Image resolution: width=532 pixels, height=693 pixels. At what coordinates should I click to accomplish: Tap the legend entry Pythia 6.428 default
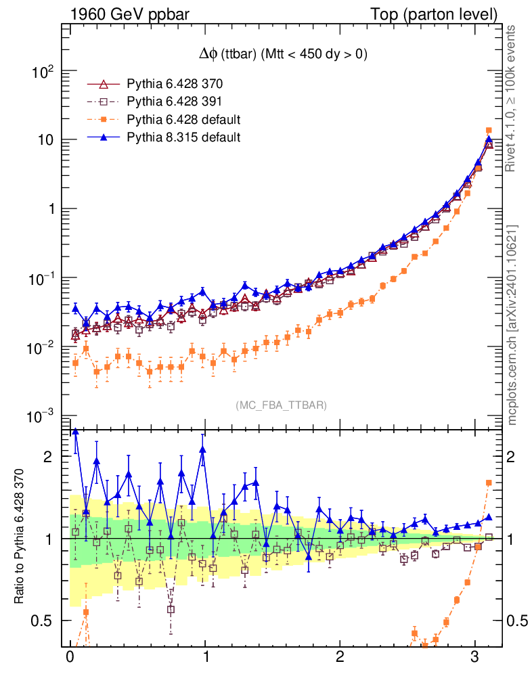point(183,120)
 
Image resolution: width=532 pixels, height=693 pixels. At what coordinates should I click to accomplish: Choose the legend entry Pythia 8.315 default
point(183,137)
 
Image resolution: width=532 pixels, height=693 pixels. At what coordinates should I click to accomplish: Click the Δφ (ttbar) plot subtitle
point(278,55)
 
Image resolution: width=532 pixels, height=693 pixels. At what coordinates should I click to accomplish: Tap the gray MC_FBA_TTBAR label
point(282,405)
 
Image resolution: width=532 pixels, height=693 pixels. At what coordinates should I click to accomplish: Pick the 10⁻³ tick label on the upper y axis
point(43,416)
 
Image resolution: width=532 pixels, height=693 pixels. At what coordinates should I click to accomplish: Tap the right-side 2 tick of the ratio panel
point(512,456)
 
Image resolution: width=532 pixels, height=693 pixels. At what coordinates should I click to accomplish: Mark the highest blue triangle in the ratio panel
point(75,431)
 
